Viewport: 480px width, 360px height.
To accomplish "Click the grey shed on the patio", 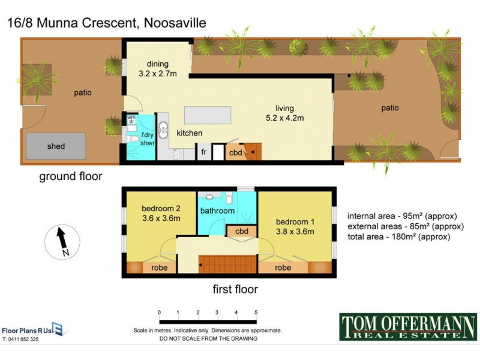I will coord(56,146).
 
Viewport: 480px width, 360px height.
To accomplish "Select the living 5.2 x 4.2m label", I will coord(285,113).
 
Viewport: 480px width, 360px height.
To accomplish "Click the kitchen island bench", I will coord(208,115).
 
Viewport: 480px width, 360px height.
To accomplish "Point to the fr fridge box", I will coord(204,152).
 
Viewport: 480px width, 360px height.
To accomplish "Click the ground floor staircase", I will coord(252,151).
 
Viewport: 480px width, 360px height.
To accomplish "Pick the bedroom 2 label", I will coord(160,214).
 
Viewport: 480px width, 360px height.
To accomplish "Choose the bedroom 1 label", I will coord(295,226).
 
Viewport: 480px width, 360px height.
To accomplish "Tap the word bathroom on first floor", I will coord(217,211).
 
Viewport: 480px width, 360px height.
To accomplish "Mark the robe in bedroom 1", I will coord(284,268).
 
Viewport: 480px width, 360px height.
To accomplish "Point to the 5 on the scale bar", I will coord(256,313).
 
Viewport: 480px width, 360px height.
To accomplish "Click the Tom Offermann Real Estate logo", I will coord(408,327).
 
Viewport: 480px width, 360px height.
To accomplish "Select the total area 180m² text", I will coord(398,237).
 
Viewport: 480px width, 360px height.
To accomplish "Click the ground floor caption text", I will coord(71,176).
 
